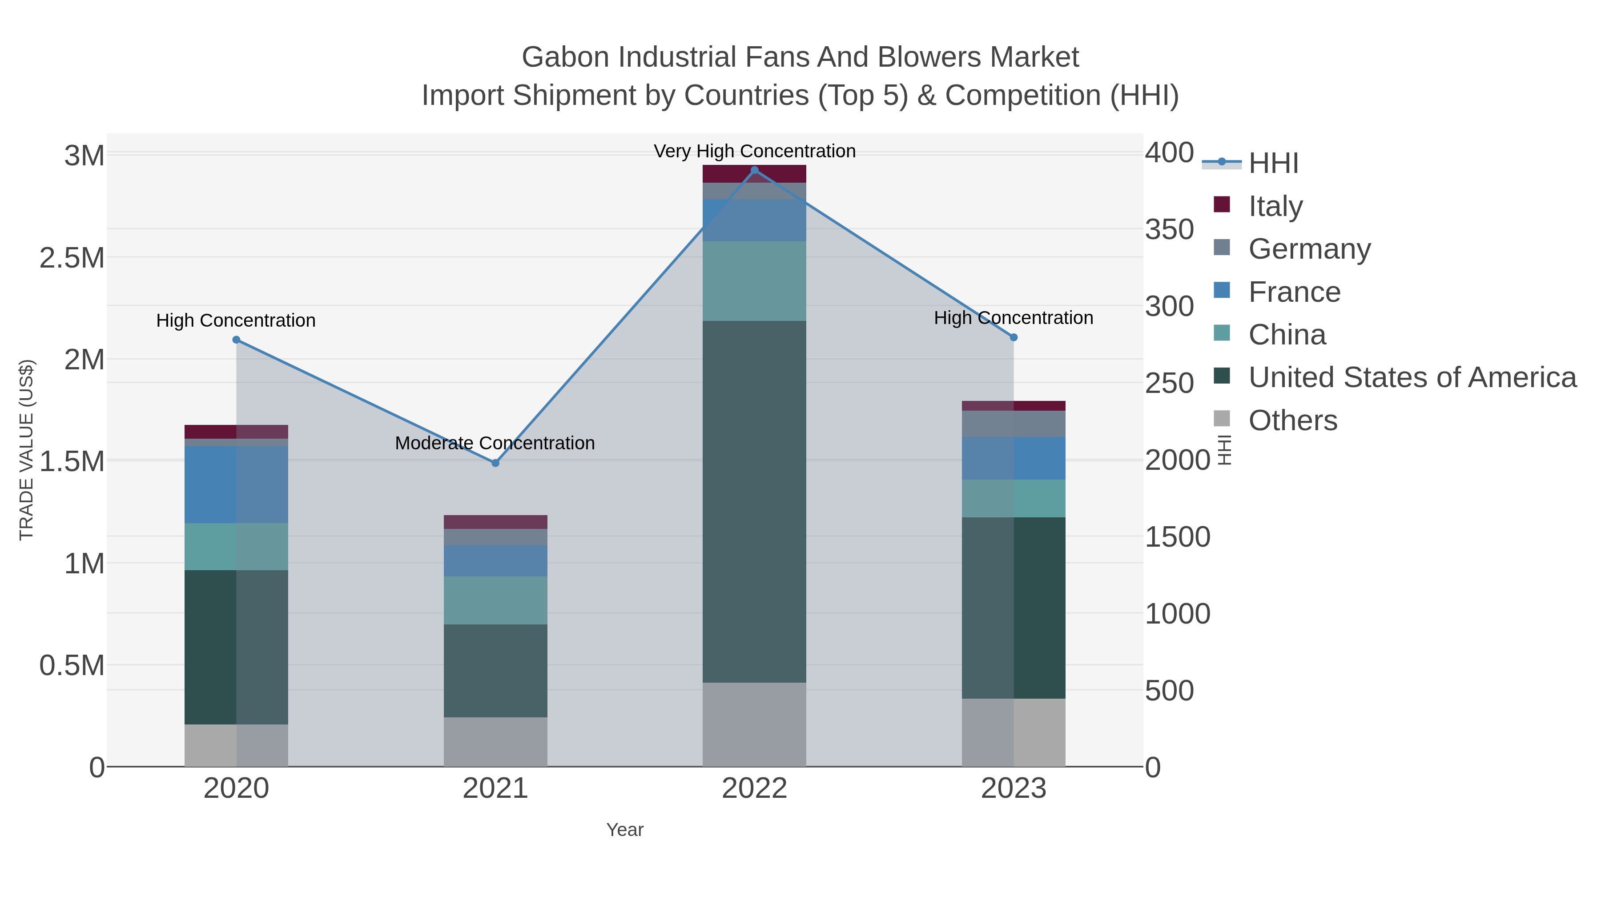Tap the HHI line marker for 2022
pyautogui.click(x=755, y=170)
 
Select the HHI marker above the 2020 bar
pyautogui.click(x=236, y=340)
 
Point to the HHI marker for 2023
pyautogui.click(x=1014, y=337)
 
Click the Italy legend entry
pyautogui.click(x=1275, y=206)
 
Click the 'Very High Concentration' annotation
pyautogui.click(x=755, y=151)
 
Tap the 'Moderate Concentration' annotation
pyautogui.click(x=495, y=443)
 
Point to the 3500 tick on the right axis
pyautogui.click(x=1168, y=230)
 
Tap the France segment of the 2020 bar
pyautogui.click(x=236, y=484)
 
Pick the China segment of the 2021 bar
pyautogui.click(x=495, y=600)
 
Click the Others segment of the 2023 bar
pyautogui.click(x=1014, y=733)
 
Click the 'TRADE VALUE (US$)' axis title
pyautogui.click(x=27, y=450)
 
